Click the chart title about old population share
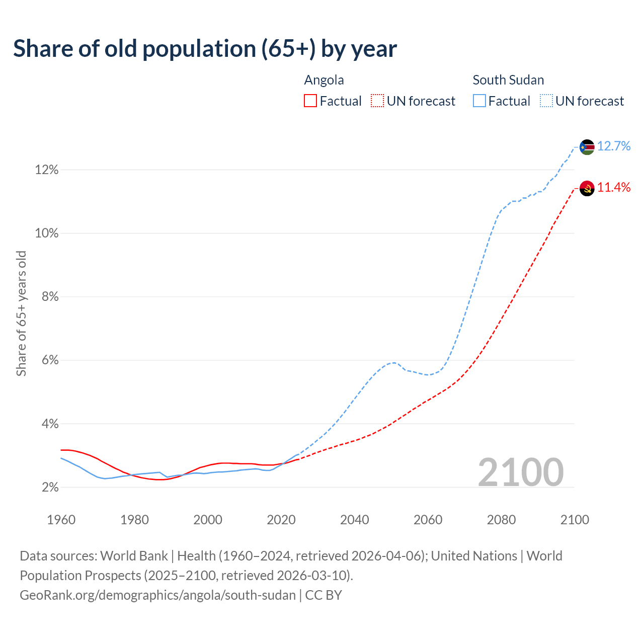pos(205,49)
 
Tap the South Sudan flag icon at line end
pos(587,147)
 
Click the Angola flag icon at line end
pos(587,188)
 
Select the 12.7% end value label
pos(614,146)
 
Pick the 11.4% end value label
pos(614,188)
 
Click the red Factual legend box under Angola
pos(310,101)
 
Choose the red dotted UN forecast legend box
pos(377,101)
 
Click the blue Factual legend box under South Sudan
pos(479,101)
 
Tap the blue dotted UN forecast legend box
pos(546,101)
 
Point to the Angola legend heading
pos(324,80)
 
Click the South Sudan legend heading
pos(508,80)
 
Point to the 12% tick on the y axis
pos(47,170)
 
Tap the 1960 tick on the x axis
pos(61,519)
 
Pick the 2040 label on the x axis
pos(355,519)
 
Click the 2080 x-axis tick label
pos(501,519)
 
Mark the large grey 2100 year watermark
pos(521,472)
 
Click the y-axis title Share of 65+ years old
pos(21,313)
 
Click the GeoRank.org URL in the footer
pos(157,595)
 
